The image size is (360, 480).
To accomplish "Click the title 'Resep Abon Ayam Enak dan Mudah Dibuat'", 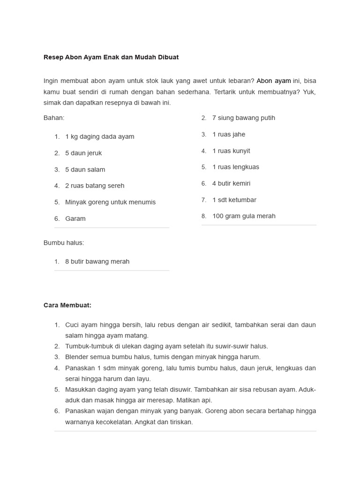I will (x=111, y=57).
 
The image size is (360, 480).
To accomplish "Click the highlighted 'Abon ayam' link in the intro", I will (x=274, y=81).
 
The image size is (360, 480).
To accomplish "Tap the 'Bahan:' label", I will (x=54, y=118).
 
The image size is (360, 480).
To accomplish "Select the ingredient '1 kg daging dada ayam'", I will (x=99, y=137).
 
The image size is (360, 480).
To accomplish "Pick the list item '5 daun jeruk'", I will (x=83, y=153).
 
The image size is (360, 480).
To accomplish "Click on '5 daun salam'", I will (x=85, y=170).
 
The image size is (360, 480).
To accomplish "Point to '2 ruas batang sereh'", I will (x=95, y=186).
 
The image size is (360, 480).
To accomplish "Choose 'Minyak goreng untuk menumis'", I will (x=110, y=202).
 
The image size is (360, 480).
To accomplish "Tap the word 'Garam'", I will (x=75, y=219).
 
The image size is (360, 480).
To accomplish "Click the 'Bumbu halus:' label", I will (x=64, y=243).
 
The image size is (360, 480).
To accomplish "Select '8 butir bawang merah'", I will (x=97, y=262).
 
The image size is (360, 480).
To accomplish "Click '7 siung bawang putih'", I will (x=244, y=118).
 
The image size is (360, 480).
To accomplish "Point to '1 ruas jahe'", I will (x=229, y=135).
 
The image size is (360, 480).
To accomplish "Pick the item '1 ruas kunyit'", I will (x=231, y=151).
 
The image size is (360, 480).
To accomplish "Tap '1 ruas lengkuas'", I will (x=236, y=167).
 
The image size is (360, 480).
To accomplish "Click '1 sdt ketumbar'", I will (x=234, y=200).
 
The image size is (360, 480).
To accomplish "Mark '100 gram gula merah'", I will (x=244, y=216).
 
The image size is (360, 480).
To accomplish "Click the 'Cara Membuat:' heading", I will (x=67, y=305).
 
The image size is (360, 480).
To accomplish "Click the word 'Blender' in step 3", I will (x=76, y=357).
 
